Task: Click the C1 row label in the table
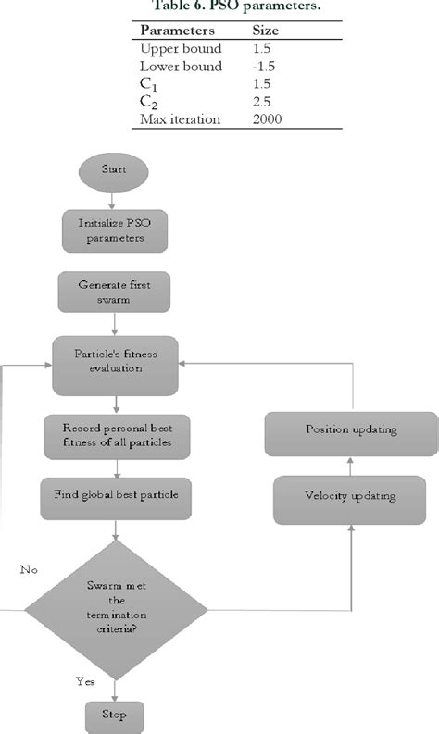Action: pyautogui.click(x=148, y=85)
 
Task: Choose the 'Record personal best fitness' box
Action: pyautogui.click(x=116, y=434)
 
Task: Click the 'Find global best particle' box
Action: pyautogui.click(x=115, y=494)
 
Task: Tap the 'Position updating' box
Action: pyautogui.click(x=350, y=430)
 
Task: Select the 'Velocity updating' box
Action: pyautogui.click(x=350, y=496)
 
